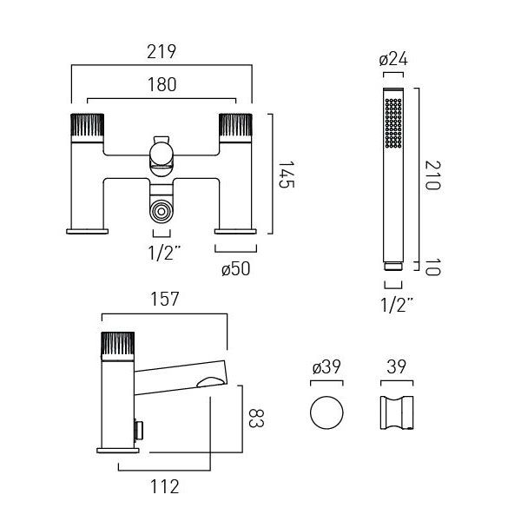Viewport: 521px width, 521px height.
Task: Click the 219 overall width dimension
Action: [162, 51]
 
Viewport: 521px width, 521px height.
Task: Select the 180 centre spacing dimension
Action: [162, 84]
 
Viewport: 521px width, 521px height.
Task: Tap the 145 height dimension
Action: [286, 175]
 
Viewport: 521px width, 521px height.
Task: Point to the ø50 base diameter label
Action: [235, 268]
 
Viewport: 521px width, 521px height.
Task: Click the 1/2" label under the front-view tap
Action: [164, 253]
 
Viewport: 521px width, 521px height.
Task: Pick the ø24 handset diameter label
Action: [393, 59]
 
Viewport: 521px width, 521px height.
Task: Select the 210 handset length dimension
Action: [433, 175]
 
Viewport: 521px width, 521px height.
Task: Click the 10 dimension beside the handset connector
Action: [433, 267]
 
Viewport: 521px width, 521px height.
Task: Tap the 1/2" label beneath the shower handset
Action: [397, 305]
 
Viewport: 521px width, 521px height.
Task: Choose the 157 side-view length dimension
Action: [164, 299]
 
